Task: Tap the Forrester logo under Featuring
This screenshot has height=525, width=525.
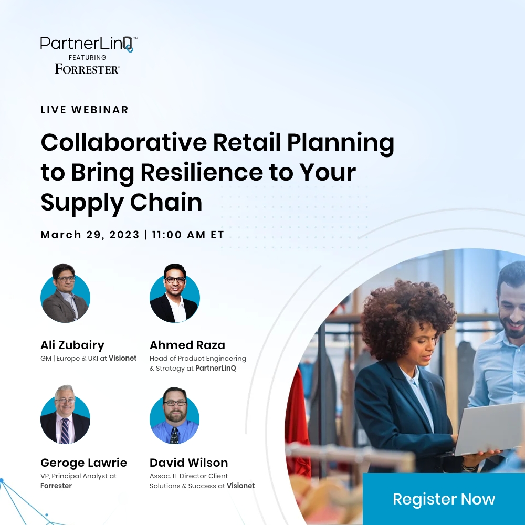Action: pos(87,68)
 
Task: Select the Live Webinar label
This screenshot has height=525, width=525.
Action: pos(85,110)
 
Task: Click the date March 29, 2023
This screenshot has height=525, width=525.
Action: pos(90,235)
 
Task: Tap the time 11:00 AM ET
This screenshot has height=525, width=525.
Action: pos(188,235)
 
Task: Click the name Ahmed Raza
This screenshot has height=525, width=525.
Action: pos(187,345)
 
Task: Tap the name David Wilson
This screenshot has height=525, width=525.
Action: pos(189,463)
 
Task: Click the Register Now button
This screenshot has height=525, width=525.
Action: pos(444,499)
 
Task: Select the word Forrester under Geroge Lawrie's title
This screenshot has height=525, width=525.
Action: pos(56,486)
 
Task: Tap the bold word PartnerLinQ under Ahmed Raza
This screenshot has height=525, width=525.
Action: pos(216,369)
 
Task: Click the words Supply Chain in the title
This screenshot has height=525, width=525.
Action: pos(121,203)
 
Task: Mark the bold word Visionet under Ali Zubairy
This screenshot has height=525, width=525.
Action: pos(123,359)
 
